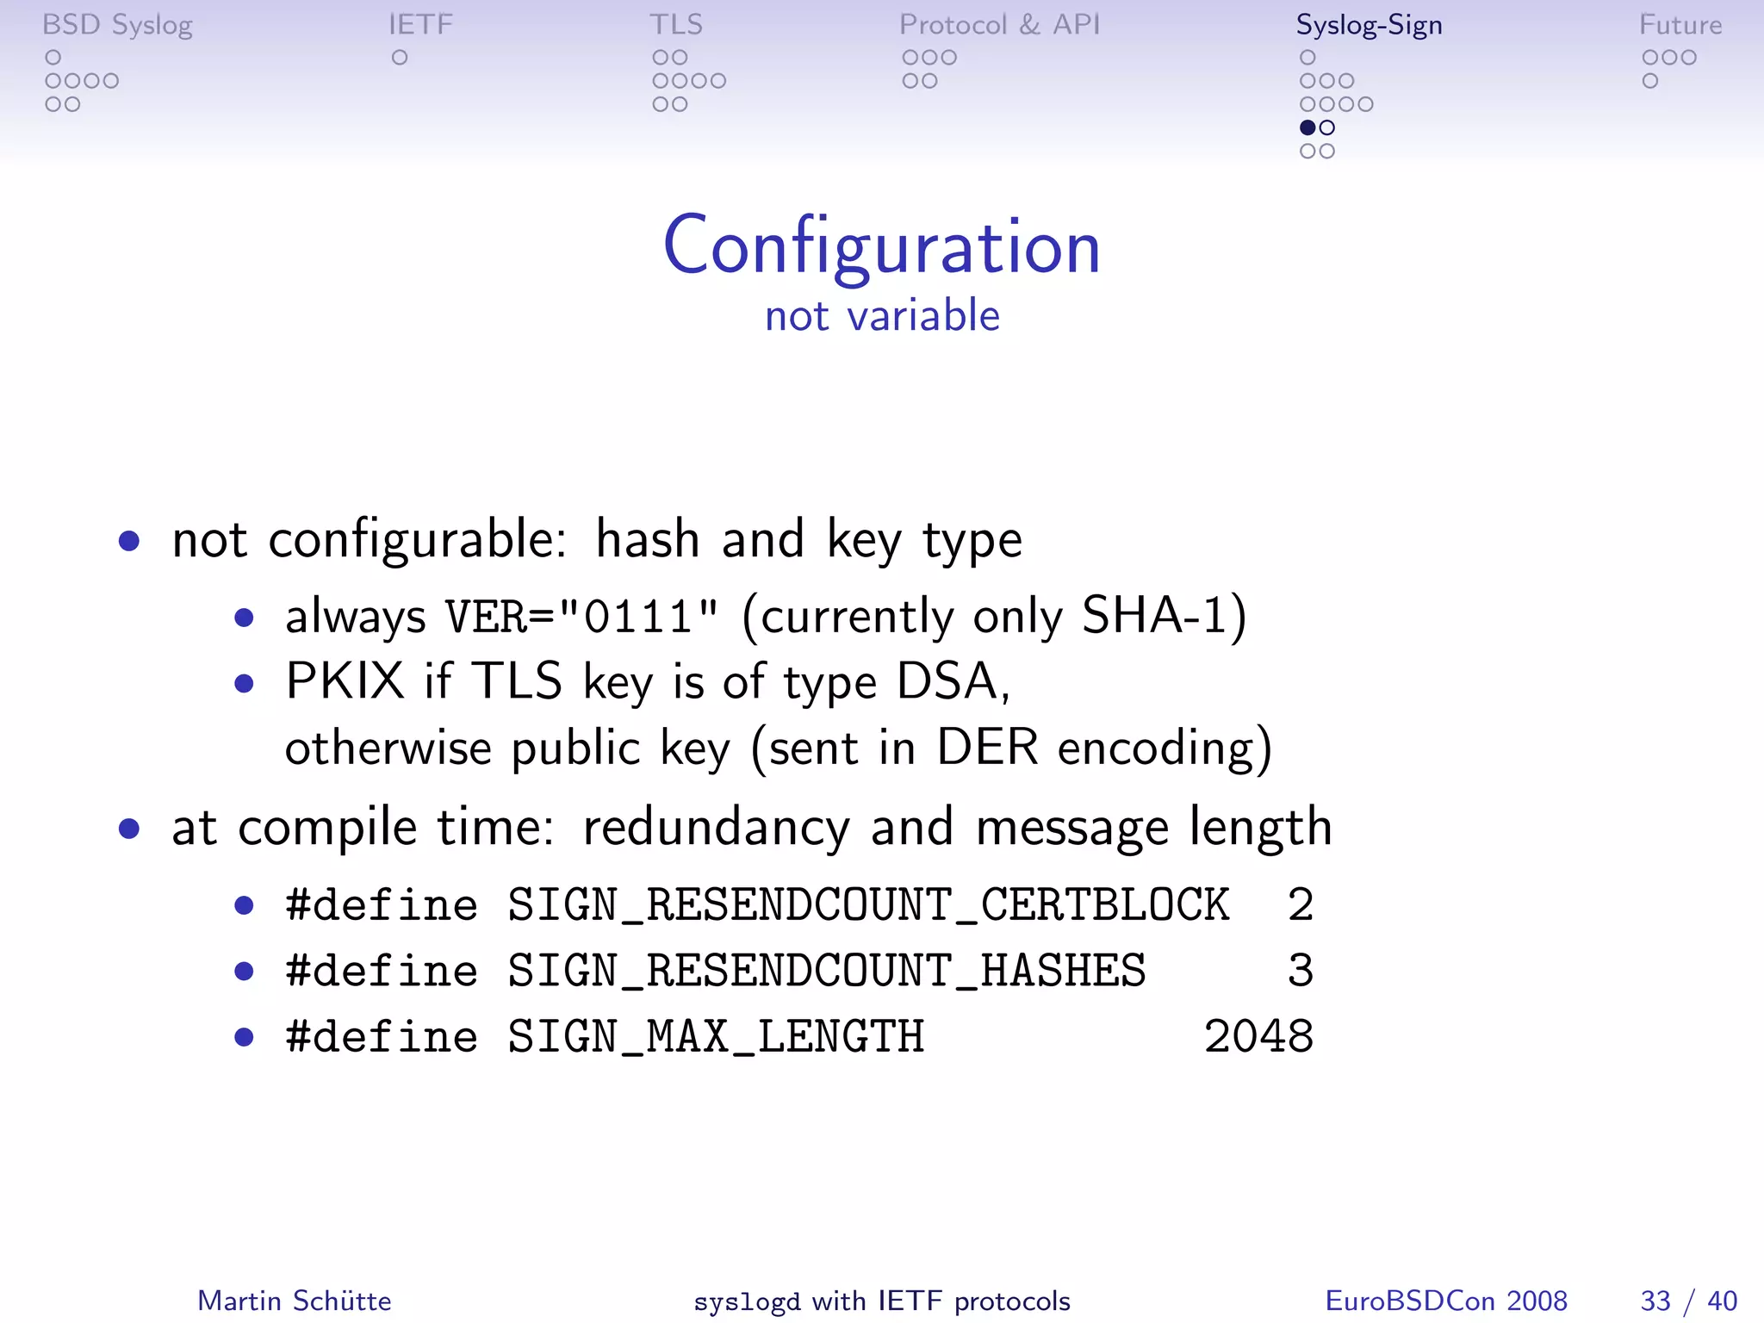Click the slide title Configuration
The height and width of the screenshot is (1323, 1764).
[881, 247]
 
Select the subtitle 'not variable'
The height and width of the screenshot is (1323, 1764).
[882, 315]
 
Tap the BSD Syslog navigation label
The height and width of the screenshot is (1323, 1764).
[117, 25]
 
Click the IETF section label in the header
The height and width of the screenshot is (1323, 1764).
[420, 25]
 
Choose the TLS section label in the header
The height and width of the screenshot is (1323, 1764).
[676, 25]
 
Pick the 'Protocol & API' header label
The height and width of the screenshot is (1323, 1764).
[999, 25]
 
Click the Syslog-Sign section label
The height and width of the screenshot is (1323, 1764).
[1369, 25]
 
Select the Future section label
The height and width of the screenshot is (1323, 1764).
[1680, 25]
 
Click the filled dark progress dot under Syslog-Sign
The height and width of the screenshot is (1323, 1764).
[1307, 127]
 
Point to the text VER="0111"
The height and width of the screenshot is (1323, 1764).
[581, 617]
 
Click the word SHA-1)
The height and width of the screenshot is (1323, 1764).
[1164, 617]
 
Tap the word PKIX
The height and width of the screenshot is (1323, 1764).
[345, 681]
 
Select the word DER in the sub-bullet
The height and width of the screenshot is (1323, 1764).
[987, 747]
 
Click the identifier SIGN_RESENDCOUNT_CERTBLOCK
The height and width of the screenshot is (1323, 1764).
[868, 905]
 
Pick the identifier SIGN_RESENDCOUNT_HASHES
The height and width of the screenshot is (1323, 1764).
[827, 971]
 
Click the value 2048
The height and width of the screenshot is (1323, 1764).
[1258, 1036]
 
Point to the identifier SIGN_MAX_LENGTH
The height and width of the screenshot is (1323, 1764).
[716, 1036]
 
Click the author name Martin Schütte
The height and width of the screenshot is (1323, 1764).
[295, 1301]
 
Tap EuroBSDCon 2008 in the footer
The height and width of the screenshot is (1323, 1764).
[1446, 1301]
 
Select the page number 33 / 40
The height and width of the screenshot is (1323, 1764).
[1688, 1301]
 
